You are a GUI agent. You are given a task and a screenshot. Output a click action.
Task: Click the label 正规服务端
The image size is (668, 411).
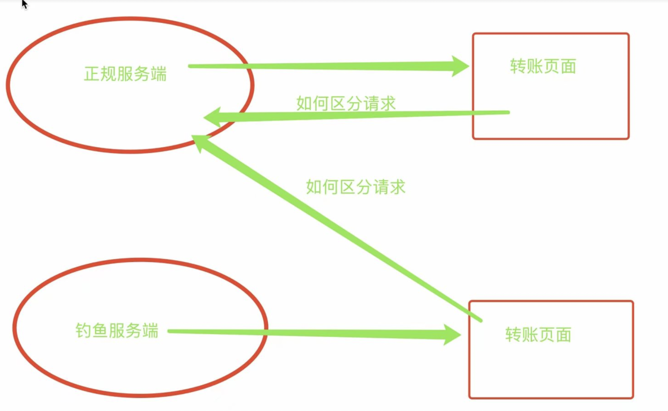[x=125, y=74]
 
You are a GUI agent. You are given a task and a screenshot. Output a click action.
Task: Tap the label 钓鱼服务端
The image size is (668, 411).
[x=117, y=331]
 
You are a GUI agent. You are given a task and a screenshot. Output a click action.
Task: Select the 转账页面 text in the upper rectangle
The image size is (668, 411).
[x=543, y=66]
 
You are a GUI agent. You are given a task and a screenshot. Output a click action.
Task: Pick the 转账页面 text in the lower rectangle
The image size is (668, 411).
[x=538, y=334]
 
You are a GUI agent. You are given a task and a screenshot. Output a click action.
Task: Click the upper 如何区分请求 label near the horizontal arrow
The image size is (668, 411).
[x=346, y=103]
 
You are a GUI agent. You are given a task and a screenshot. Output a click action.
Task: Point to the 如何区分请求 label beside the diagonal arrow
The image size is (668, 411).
[x=356, y=187]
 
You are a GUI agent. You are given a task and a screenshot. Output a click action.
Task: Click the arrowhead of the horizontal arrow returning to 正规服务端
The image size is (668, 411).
[x=212, y=118]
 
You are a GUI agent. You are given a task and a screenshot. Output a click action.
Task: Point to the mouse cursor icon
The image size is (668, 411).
[x=25, y=4]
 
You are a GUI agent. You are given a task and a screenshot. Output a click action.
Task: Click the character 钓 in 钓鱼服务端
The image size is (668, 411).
[x=83, y=331]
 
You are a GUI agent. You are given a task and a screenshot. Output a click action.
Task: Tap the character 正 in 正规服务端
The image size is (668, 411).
[x=92, y=74]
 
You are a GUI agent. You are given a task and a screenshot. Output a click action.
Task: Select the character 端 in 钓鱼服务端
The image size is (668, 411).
[x=150, y=331]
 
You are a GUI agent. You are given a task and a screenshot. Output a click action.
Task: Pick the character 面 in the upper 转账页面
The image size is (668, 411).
[x=568, y=66]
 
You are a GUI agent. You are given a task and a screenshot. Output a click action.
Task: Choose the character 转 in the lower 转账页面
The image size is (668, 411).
[x=513, y=334]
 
